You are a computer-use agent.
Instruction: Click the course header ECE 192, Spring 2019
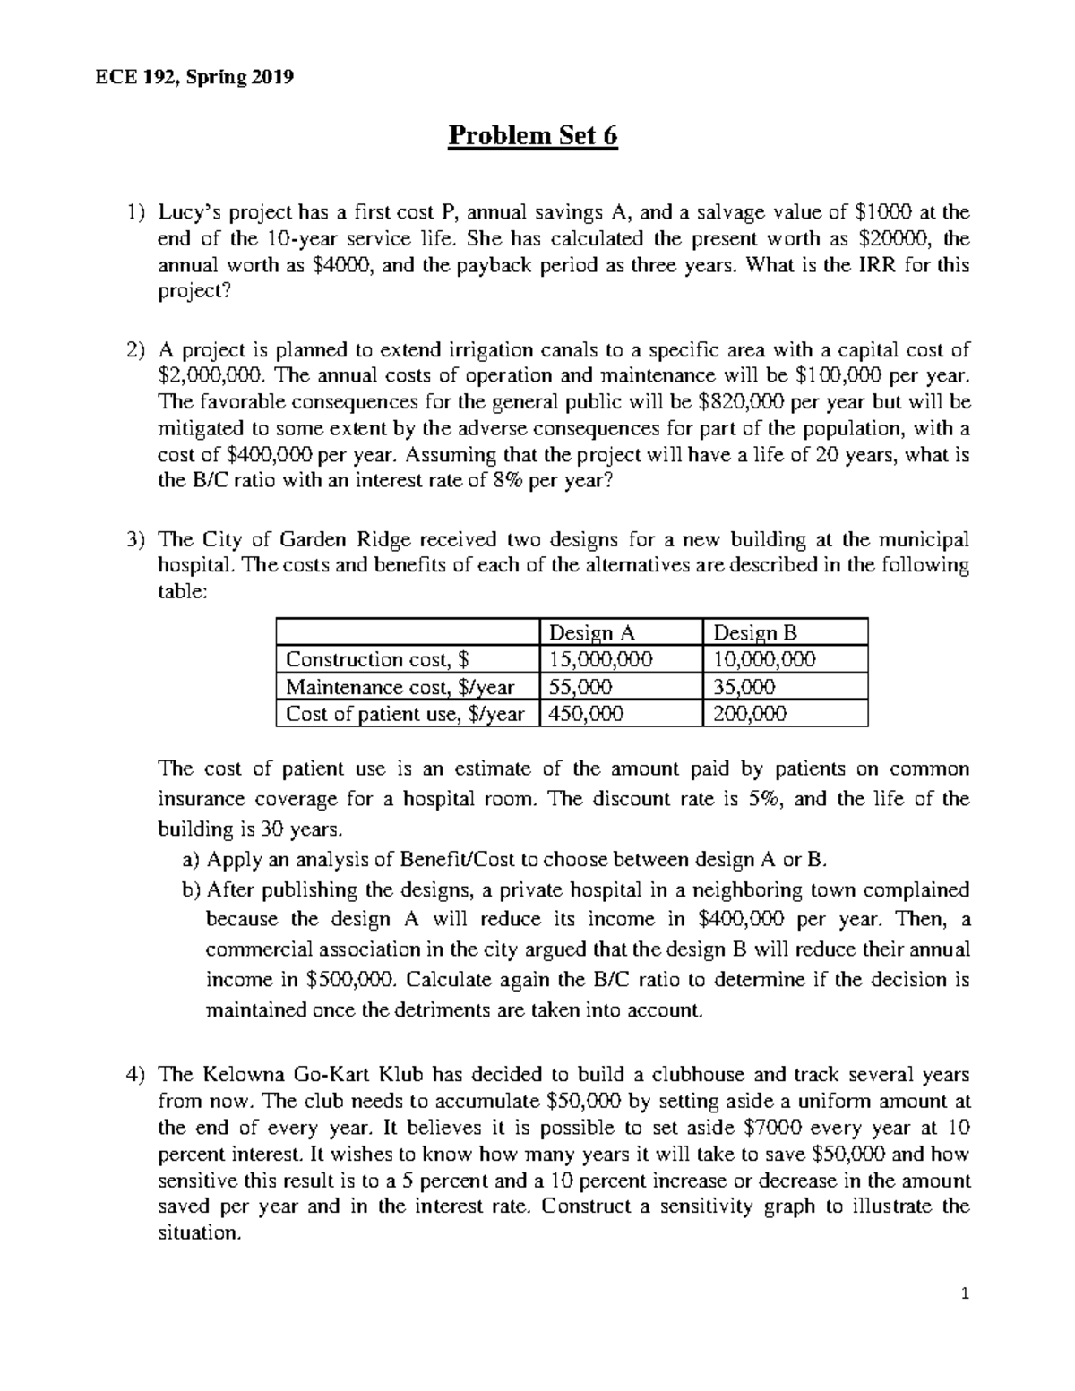[x=194, y=77]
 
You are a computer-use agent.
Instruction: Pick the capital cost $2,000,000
[x=211, y=375]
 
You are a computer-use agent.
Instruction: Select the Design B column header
[x=754, y=632]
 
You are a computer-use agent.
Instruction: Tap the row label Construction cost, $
[x=376, y=659]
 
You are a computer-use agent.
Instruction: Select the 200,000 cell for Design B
[x=750, y=714]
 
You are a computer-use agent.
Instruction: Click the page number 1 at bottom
[x=964, y=1293]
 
